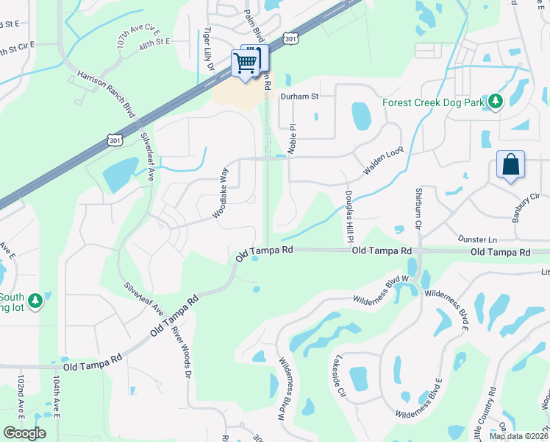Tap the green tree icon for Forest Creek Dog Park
tap(496, 102)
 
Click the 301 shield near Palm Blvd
tap(290, 38)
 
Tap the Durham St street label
tap(303, 96)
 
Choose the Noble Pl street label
tap(292, 138)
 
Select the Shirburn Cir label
tap(417, 209)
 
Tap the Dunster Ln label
tap(477, 239)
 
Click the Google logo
tap(24, 433)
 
